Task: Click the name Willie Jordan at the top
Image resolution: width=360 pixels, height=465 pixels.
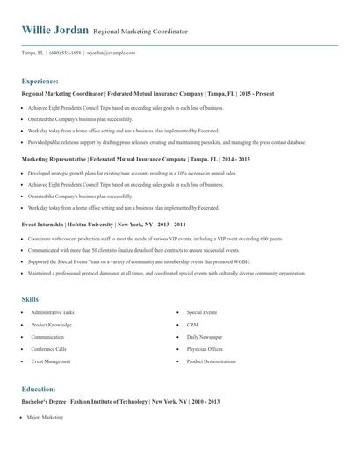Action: point(54,31)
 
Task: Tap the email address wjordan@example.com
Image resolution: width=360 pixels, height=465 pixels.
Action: point(111,53)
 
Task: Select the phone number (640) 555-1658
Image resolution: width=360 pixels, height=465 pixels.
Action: point(65,53)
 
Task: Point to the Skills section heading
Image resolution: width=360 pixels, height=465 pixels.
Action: point(30,299)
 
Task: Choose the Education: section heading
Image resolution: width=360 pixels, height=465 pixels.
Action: point(39,389)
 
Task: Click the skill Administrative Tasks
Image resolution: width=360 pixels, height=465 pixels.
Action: point(53,312)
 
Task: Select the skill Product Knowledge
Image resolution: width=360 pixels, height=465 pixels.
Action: point(52,325)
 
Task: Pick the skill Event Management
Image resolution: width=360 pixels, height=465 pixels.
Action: point(51,361)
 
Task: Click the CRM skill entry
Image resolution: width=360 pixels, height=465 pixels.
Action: point(192,325)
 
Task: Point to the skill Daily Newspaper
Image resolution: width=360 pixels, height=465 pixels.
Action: point(205,337)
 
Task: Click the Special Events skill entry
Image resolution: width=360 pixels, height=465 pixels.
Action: point(202,312)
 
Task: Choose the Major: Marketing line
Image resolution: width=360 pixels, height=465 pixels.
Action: point(46,418)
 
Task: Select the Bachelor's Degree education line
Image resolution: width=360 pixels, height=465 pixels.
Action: point(120,401)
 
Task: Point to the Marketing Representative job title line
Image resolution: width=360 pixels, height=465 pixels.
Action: point(135,160)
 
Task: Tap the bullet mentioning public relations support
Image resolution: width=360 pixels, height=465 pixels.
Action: point(167,141)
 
